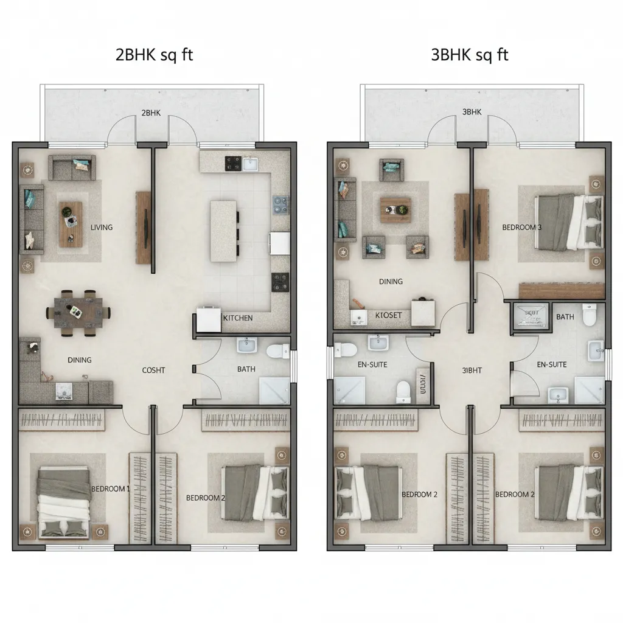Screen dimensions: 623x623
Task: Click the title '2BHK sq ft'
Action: [154, 55]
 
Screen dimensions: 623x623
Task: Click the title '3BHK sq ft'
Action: [469, 55]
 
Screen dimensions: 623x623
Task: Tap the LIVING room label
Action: [102, 227]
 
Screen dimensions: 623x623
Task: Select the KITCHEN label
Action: [237, 318]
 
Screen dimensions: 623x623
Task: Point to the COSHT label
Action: [153, 370]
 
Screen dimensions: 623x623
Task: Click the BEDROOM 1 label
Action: [110, 489]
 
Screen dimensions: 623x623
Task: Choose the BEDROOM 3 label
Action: [522, 228]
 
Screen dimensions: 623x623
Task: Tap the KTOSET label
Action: [388, 315]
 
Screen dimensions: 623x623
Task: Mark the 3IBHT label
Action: [472, 369]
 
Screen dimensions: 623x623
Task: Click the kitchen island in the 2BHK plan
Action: [223, 231]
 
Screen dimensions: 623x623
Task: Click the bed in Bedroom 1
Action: [64, 502]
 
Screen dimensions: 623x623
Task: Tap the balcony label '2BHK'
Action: [150, 113]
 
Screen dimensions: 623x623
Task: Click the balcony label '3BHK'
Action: [472, 112]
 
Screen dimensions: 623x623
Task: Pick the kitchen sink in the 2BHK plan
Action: [250, 163]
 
